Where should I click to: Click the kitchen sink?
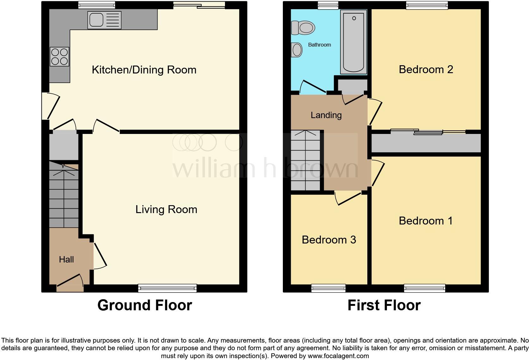pos(105,20)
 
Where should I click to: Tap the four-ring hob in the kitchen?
pos(59,56)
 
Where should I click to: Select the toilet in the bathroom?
pos(303,28)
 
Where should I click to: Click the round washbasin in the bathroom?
pos(297,50)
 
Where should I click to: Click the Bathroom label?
pos(319,45)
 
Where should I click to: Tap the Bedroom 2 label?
pos(426,69)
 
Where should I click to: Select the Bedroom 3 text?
pos(329,240)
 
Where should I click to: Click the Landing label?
pos(326,115)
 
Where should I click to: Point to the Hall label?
pos(66,260)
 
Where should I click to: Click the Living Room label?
pos(166,209)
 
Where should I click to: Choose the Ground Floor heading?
pos(145,305)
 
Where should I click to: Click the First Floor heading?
pos(384,305)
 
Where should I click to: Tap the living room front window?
pos(167,288)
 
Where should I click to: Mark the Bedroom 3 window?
pos(328,288)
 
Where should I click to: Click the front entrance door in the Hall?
pos(70,284)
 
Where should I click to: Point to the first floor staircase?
pos(305,161)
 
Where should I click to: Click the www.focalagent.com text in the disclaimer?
pos(338,356)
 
